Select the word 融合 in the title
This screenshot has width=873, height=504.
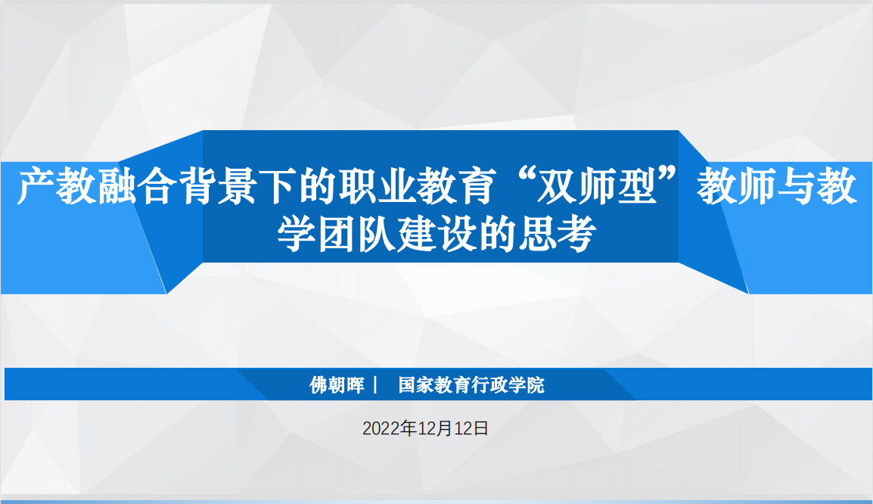coord(117,186)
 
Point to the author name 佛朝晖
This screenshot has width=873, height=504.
coord(337,385)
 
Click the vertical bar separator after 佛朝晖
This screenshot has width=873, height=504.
coord(375,385)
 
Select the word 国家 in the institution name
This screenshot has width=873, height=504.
coord(417,385)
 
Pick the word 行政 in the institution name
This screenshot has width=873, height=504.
coord(489,385)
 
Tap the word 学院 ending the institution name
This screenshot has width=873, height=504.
coord(526,385)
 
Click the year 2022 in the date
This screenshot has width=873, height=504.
coord(381,428)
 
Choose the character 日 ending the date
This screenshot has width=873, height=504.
coord(481,428)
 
